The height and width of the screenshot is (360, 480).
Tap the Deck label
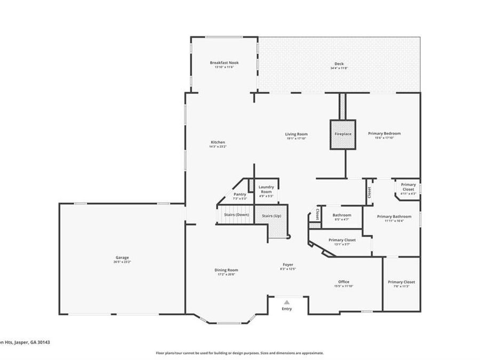pyautogui.click(x=339, y=63)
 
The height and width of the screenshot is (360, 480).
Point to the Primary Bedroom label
pyautogui.click(x=384, y=133)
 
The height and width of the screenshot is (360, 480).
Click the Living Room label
pyautogui.click(x=297, y=134)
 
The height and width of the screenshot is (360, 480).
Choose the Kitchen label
pyautogui.click(x=218, y=142)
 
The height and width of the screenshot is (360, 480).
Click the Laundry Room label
pyautogui.click(x=266, y=189)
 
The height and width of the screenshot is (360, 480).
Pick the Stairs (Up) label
pyautogui.click(x=271, y=215)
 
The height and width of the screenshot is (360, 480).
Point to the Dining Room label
pyautogui.click(x=226, y=270)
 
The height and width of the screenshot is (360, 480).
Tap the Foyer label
pyautogui.click(x=287, y=265)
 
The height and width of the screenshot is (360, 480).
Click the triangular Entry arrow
pyautogui.click(x=287, y=302)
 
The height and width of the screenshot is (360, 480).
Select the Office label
pyautogui.click(x=343, y=282)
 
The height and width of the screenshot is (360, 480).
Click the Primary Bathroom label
pyautogui.click(x=394, y=216)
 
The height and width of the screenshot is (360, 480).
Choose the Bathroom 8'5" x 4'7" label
pyautogui.click(x=341, y=215)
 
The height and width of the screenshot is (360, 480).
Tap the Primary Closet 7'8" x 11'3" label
pyautogui.click(x=401, y=282)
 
